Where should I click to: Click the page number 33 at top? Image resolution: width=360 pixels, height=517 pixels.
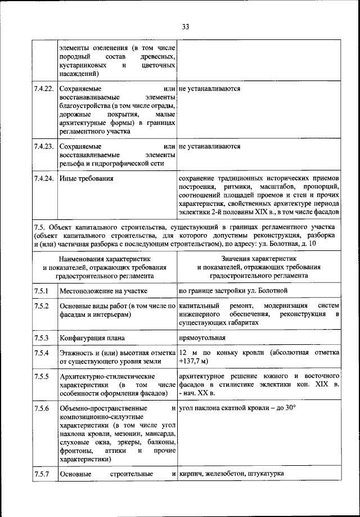click(186, 26)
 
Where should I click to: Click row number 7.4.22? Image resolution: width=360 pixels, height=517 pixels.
click(43, 89)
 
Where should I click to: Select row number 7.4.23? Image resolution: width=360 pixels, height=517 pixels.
click(43, 146)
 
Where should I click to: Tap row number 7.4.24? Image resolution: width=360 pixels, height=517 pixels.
click(43, 179)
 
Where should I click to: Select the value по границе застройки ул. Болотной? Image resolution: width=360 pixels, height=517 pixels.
click(233, 291)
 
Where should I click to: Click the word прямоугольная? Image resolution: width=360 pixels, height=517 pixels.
click(202, 338)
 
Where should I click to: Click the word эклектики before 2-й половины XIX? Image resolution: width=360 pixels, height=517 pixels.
click(193, 213)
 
